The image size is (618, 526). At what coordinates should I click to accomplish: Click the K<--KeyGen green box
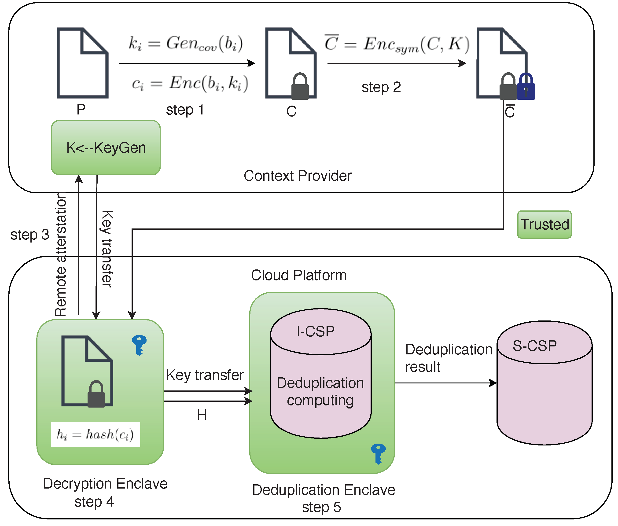pos(106,148)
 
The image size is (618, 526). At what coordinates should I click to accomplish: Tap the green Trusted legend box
pos(544,224)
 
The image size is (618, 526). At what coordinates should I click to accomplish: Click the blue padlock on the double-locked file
pos(526,87)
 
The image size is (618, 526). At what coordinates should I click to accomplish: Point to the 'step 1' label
pos(185,110)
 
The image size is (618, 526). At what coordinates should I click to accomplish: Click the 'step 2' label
pos(381,87)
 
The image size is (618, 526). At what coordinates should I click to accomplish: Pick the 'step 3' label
pos(29,235)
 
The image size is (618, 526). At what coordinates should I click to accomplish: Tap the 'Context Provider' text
pos(297,176)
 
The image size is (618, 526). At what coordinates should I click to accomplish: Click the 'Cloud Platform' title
pos(298,275)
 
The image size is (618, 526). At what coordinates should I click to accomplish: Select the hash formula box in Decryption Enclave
pos(96,434)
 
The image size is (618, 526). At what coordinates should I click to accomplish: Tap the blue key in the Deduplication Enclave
pos(378,453)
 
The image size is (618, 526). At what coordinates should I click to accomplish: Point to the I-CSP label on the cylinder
pos(315,331)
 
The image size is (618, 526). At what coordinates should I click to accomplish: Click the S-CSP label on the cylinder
pos(534,346)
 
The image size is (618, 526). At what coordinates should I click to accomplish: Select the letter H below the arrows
pos(202,415)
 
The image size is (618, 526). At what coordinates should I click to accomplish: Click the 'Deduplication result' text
pos(448,358)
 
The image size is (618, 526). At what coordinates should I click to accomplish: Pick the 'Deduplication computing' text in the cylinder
pos(320,392)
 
